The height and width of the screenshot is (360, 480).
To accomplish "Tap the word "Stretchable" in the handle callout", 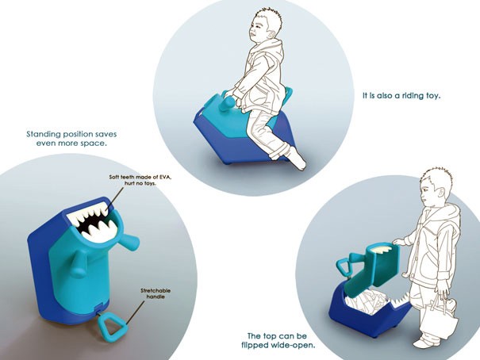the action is [x=156, y=290].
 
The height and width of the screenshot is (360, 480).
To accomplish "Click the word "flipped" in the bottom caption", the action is [x=255, y=346].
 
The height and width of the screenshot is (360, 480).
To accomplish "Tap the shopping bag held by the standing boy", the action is [x=439, y=318].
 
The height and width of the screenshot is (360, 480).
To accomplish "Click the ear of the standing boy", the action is [x=440, y=193].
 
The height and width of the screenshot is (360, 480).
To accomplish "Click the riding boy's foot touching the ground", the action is [x=298, y=159].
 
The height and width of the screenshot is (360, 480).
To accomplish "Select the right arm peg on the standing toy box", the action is [x=129, y=241].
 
